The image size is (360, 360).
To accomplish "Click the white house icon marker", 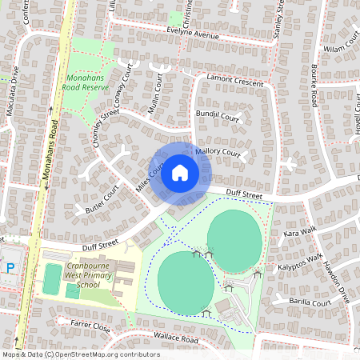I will pyautogui.click(x=179, y=172).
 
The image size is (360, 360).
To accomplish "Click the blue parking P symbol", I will pyautogui.click(x=10, y=268).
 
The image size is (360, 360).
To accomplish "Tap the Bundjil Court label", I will pyautogui.click(x=217, y=117).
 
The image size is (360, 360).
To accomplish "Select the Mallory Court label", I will pyautogui.click(x=218, y=151).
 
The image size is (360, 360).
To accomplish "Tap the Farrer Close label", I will pyautogui.click(x=90, y=326).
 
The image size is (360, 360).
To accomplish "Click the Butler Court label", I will pyautogui.click(x=102, y=198).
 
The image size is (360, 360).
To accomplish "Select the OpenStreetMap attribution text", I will pyautogui.click(x=80, y=354).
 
